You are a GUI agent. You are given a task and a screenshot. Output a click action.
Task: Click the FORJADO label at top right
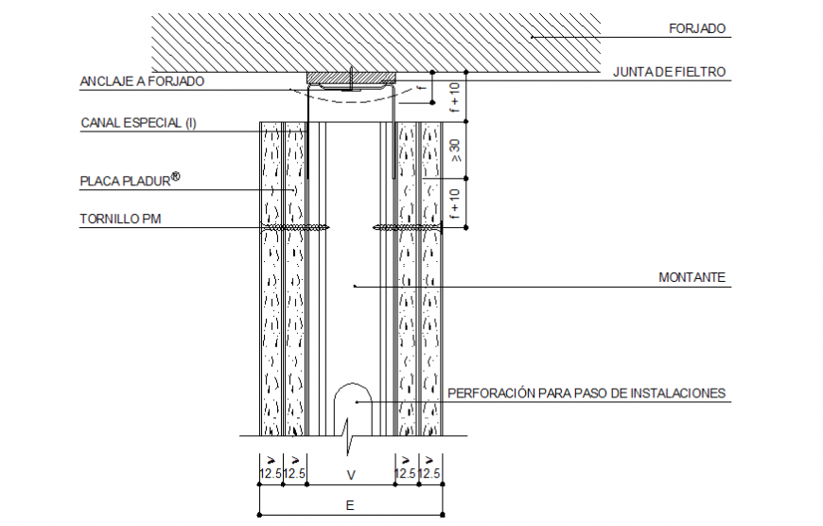(697, 29)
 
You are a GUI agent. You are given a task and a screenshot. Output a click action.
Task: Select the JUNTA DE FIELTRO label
(669, 72)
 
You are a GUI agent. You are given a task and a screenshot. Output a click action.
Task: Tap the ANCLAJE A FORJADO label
(142, 82)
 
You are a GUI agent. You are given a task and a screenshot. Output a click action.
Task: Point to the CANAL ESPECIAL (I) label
(138, 123)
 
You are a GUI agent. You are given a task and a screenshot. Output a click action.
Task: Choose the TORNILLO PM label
(121, 219)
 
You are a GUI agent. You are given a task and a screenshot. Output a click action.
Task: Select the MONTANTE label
(692, 278)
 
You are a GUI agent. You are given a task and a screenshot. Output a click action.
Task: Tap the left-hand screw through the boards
(294, 227)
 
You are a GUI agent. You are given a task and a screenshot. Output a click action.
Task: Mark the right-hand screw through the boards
(409, 227)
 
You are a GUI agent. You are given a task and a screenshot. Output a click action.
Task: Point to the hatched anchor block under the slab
(349, 77)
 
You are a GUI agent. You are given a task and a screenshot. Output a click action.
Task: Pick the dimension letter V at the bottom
(350, 474)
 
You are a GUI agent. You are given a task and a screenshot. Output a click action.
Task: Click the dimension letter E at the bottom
(349, 506)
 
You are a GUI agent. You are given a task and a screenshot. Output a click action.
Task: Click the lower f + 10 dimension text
(455, 204)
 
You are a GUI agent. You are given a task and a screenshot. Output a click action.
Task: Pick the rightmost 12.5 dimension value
(430, 474)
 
